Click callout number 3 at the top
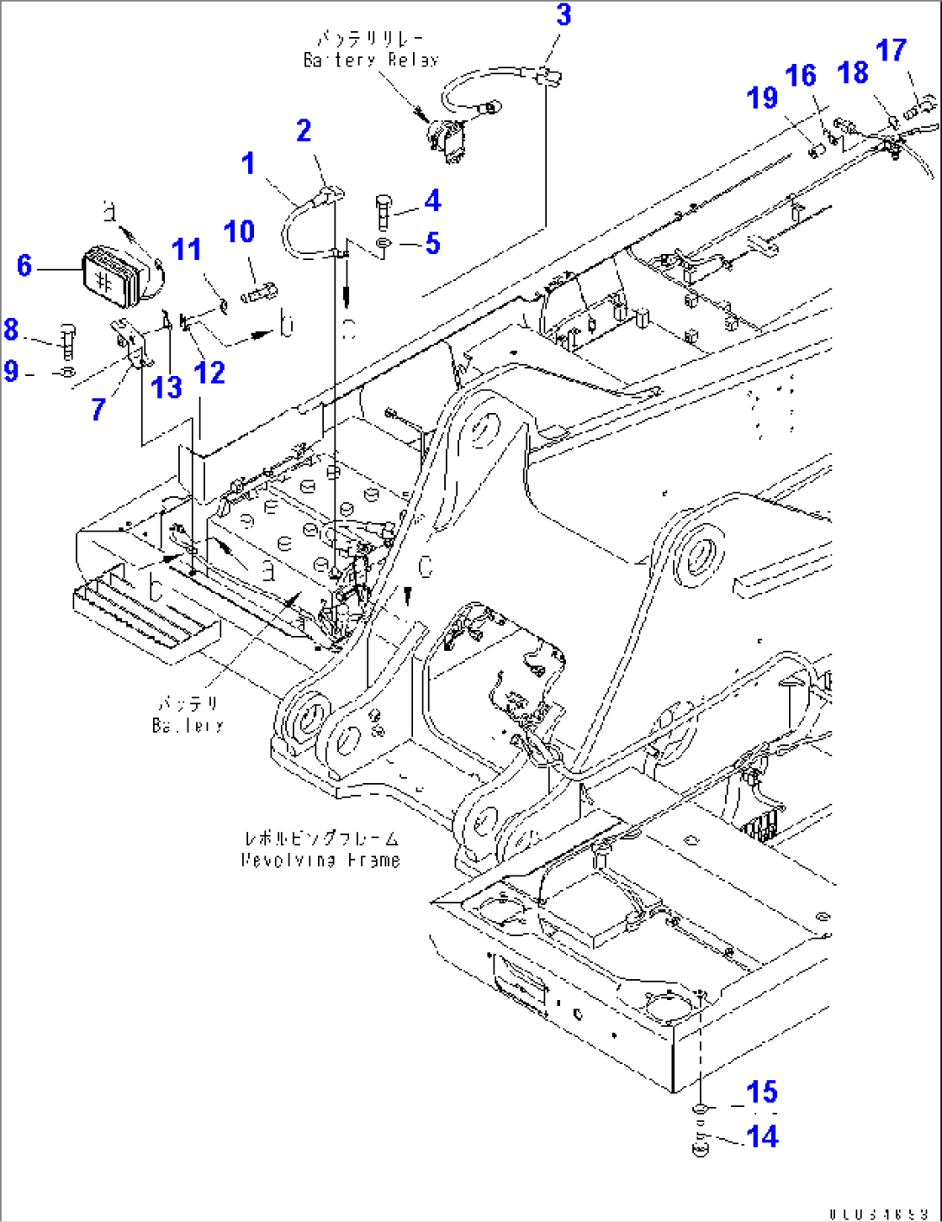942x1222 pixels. (563, 16)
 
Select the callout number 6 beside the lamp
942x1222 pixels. (24, 266)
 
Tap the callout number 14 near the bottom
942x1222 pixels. (762, 1136)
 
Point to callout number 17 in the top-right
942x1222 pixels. (891, 51)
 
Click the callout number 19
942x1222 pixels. (762, 99)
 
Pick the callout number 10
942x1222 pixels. (239, 232)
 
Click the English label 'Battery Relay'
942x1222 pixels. (371, 60)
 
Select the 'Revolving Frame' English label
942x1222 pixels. (321, 860)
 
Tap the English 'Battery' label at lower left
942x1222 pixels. (188, 726)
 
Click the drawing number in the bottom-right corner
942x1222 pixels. (879, 1213)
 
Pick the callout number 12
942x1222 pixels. (209, 372)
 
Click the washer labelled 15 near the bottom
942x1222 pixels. (701, 1109)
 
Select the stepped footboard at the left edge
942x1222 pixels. (143, 615)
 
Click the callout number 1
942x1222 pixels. (249, 163)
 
